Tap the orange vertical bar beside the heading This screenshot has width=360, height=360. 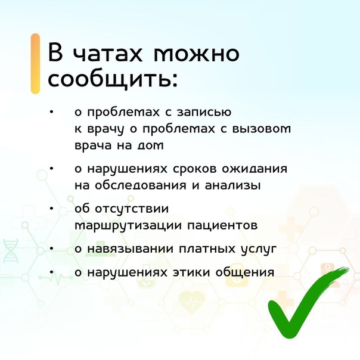tap(35, 64)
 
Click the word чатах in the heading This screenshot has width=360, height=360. tap(107, 54)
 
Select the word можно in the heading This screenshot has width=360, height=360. tap(196, 54)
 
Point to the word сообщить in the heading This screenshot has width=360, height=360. tap(110, 80)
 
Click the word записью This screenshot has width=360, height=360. tap(204, 113)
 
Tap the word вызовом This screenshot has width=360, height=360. tap(262, 129)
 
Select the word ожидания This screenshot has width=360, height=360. tap(255, 169)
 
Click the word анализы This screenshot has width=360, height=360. tap(233, 185)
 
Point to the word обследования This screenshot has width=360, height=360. tap(140, 185)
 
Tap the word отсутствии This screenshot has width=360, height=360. tap(132, 209)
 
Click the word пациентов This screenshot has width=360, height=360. tap(222, 226)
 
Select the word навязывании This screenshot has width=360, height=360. tap(130, 249)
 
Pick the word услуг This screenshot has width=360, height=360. tap(259, 250)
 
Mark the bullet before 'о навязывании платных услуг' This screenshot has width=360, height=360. tap(52, 249)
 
